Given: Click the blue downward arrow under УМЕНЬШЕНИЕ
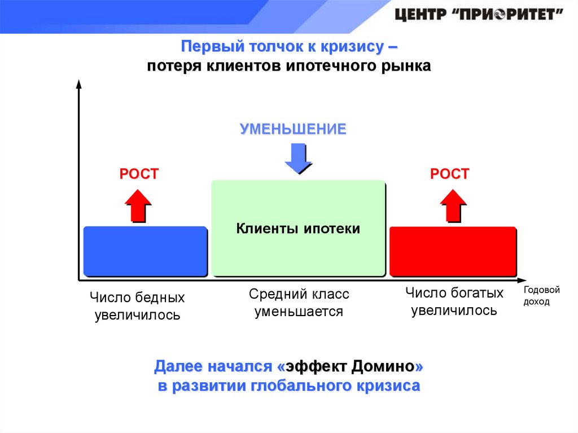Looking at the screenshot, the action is [297, 158].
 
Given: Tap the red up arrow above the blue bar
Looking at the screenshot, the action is [137, 205].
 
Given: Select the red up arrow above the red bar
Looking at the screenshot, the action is [452, 205].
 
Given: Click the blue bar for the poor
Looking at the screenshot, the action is [144, 251].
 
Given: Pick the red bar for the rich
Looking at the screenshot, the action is [453, 251].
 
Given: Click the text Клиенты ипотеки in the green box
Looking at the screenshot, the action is [297, 229].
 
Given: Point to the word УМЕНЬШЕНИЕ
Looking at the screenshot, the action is [292, 129].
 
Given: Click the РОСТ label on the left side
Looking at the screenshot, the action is [139, 174].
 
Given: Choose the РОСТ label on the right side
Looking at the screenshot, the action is [449, 174].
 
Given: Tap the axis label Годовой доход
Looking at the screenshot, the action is [541, 296].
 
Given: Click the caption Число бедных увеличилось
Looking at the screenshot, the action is [137, 306].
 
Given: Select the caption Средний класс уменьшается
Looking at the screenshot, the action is [299, 303].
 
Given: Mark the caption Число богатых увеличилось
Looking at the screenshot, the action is [454, 301].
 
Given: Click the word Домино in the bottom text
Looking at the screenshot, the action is [383, 368].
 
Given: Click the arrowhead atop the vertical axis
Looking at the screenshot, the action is [78, 85].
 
